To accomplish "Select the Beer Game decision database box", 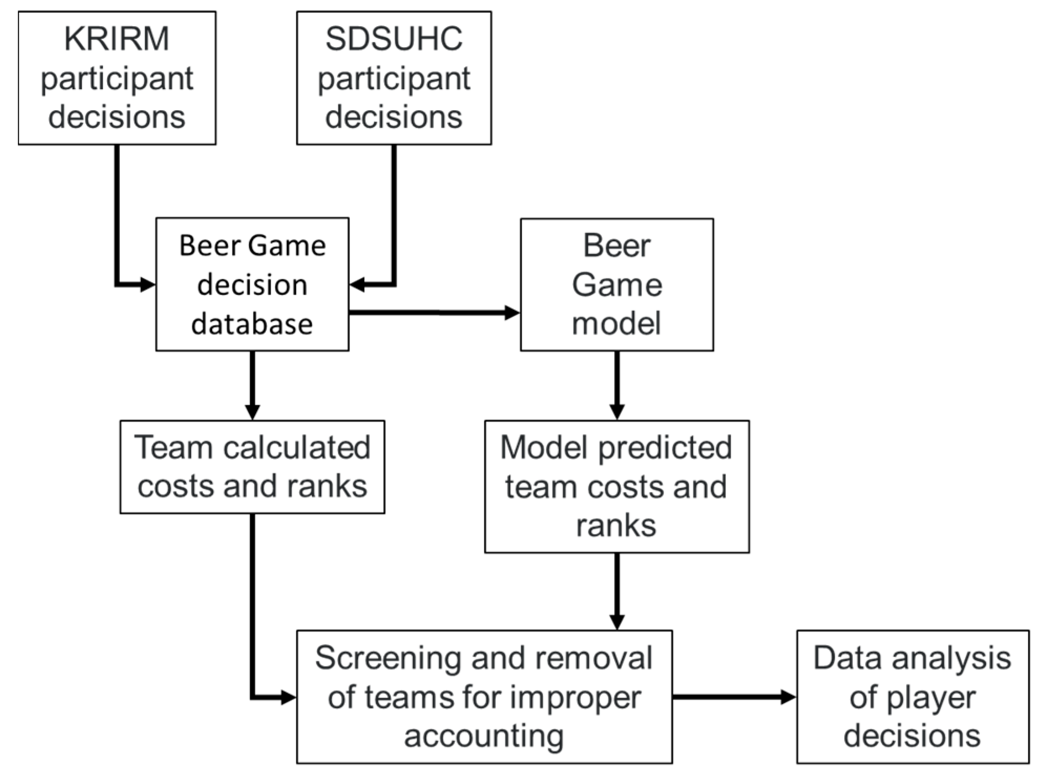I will tap(252, 284).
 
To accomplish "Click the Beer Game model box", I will tap(616, 284).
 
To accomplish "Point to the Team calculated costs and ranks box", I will tap(252, 466).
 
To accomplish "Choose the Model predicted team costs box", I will tap(616, 486).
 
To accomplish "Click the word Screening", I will tap(388, 658).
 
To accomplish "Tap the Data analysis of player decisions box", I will tap(912, 697).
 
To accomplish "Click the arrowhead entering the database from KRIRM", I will tap(147, 285).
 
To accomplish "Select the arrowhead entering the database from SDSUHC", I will tap(357, 285).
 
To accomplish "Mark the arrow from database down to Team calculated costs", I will tap(252, 385).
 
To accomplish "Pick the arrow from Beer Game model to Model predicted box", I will tap(617, 385).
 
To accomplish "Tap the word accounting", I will tap(483, 736).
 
